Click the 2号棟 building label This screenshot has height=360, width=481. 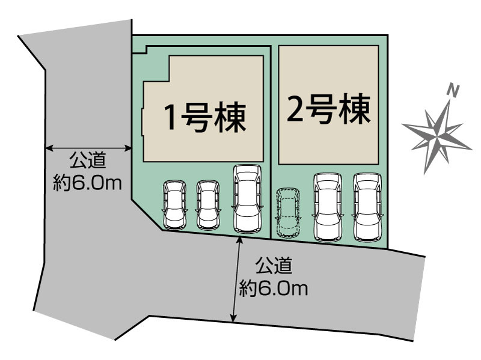pos(328,109)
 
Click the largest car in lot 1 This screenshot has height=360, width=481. pos(247,199)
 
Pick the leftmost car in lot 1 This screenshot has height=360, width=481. pos(174,205)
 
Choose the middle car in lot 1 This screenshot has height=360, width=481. pos(207,205)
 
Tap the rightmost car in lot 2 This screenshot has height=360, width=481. pos(367,207)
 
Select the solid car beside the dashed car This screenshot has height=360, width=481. pos(328,207)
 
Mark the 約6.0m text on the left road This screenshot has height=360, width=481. pos(88,183)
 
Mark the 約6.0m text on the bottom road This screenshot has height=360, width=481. pos(274,289)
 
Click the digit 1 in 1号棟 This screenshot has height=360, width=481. pos(171,118)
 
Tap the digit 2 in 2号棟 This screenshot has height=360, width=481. pos(295,109)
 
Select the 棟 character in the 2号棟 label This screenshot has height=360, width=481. pos(354,109)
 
